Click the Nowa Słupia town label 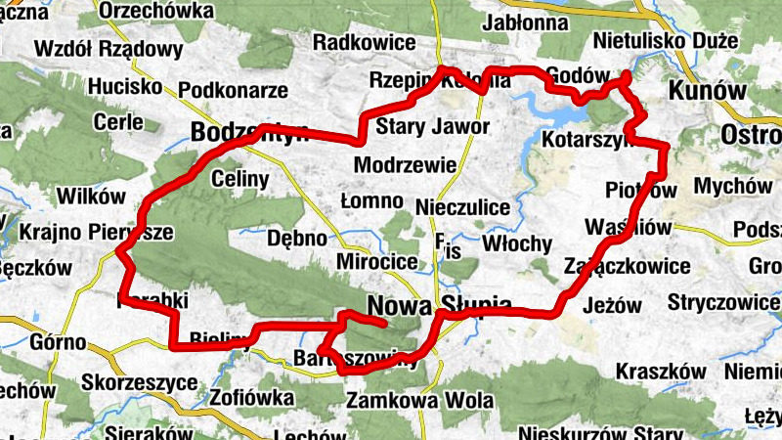[x=440, y=305]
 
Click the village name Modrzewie [x=405, y=163]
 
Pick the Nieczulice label [x=461, y=207]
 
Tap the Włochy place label [x=517, y=243]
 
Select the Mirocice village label [x=376, y=262]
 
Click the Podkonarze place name [x=233, y=90]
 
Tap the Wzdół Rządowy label [x=109, y=49]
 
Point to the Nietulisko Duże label [x=663, y=42]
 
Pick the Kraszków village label [x=661, y=373]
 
